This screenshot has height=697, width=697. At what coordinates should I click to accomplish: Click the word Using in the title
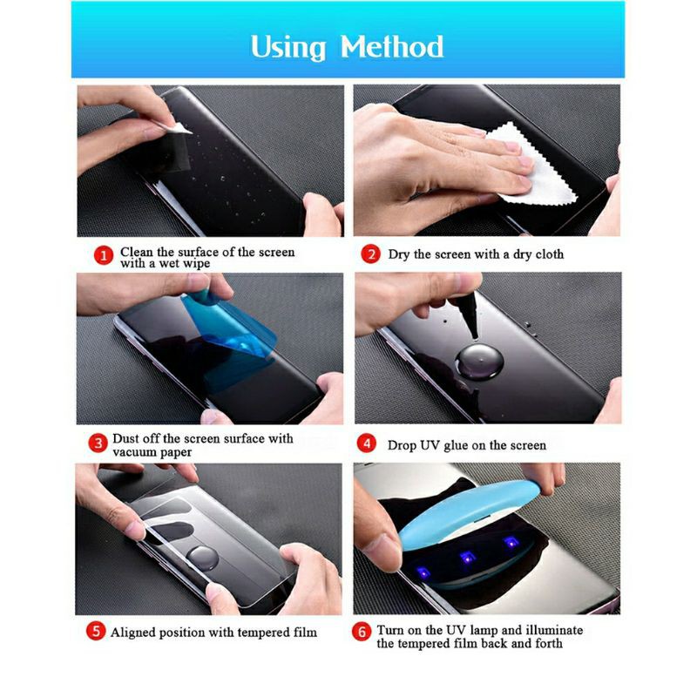point(288,46)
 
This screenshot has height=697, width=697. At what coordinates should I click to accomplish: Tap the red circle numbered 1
point(104,255)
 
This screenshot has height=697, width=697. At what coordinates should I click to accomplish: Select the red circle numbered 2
point(371,254)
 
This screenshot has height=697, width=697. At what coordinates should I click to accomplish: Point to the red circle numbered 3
point(98,444)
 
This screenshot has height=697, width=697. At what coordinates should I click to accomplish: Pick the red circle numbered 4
point(369,444)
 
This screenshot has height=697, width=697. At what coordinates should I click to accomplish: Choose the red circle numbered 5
point(96,632)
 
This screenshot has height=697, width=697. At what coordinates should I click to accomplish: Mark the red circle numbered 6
point(362,632)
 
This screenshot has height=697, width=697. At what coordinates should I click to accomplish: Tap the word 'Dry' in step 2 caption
point(399,254)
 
